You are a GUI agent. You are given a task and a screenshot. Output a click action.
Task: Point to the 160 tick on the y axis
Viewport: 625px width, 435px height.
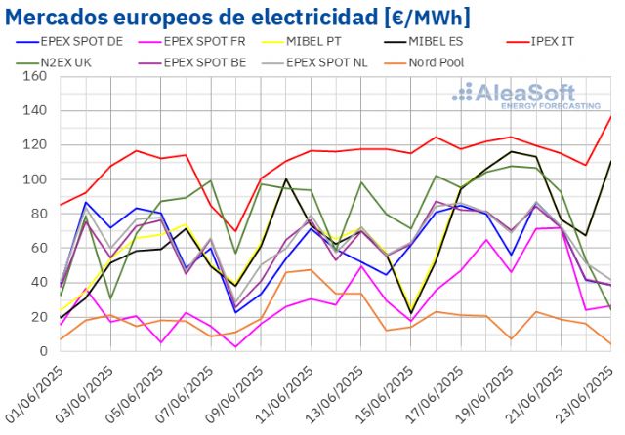click(39, 76)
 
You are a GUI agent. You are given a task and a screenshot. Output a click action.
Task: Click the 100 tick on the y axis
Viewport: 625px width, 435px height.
click(39, 179)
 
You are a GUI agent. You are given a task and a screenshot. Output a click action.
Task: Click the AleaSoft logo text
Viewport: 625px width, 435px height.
click(528, 93)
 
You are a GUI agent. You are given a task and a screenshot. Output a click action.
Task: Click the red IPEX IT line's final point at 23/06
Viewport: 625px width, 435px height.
click(611, 116)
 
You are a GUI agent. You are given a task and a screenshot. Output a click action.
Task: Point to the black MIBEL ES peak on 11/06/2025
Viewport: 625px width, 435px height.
click(286, 179)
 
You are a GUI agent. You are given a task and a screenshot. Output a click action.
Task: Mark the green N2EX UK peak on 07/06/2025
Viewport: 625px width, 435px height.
click(211, 180)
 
